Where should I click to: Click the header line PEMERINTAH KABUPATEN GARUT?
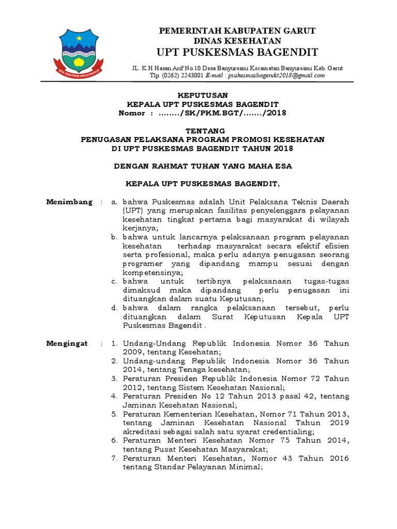pyautogui.click(x=237, y=31)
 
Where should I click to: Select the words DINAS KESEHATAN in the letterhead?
pyautogui.click(x=237, y=41)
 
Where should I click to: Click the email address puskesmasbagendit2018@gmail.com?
pyautogui.click(x=276, y=75)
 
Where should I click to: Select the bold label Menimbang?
pyautogui.click(x=69, y=201)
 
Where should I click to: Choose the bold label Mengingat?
pyautogui.click(x=67, y=344)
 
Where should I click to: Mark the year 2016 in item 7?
pyautogui.click(x=338, y=458)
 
